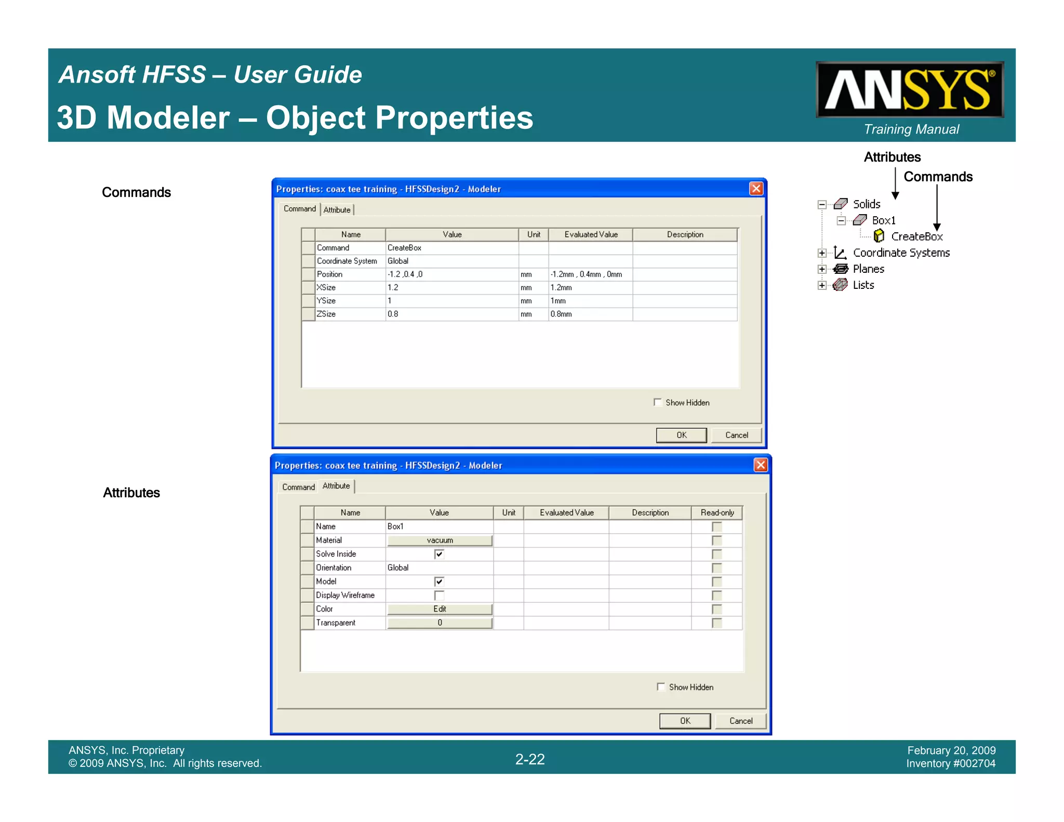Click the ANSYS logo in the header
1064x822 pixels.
click(x=909, y=90)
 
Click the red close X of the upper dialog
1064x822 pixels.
click(x=756, y=189)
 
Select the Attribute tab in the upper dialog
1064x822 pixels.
click(x=337, y=210)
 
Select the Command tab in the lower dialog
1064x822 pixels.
click(x=298, y=487)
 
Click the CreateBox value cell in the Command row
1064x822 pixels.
click(x=451, y=248)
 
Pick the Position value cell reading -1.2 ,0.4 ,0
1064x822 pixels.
click(x=451, y=274)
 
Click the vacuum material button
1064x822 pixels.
click(x=440, y=540)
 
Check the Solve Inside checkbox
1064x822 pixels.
click(x=440, y=554)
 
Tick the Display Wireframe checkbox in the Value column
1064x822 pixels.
click(x=440, y=595)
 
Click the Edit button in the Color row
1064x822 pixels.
click(x=440, y=609)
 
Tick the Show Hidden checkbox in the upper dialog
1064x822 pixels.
click(x=658, y=402)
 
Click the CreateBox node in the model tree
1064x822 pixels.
click(x=916, y=236)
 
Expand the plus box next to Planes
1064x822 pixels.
click(x=822, y=269)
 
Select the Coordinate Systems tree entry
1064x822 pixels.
click(x=901, y=253)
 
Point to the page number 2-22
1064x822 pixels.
click(x=530, y=759)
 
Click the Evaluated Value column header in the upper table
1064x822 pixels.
click(x=591, y=234)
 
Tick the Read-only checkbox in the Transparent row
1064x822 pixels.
click(x=717, y=622)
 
